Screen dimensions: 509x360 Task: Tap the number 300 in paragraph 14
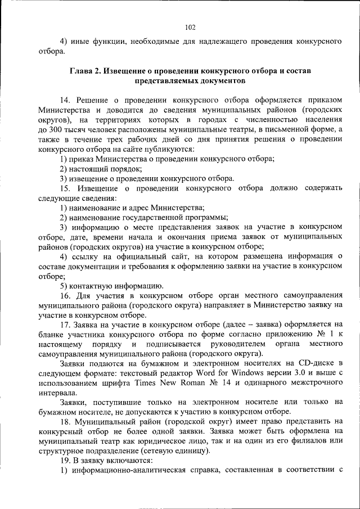coord(55,128)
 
